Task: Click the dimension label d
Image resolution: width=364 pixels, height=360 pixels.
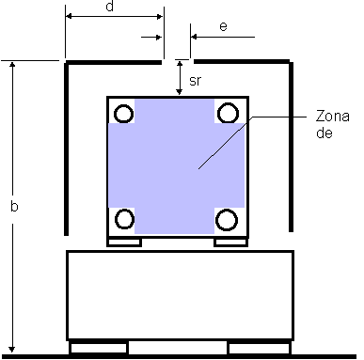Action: click(x=109, y=6)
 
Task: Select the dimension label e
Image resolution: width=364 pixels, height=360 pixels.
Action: click(x=223, y=26)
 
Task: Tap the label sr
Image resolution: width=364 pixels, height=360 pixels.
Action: click(x=195, y=81)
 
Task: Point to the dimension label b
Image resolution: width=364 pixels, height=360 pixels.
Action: click(x=14, y=206)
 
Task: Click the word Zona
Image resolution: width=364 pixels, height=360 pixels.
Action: click(x=333, y=116)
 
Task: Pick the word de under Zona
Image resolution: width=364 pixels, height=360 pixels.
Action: click(x=324, y=133)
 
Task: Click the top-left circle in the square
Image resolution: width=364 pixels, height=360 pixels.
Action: click(x=123, y=113)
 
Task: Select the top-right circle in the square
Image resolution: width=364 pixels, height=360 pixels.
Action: click(x=228, y=113)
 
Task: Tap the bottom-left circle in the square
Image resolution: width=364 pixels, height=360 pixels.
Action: click(x=124, y=219)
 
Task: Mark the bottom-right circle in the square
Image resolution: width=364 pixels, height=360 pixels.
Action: click(x=227, y=220)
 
